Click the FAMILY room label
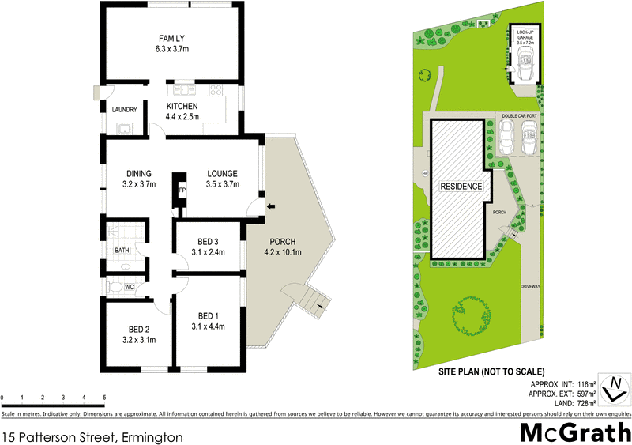171,38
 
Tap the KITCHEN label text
182,107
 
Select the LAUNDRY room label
125,110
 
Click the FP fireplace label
182,190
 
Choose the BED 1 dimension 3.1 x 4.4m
209,326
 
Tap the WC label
129,287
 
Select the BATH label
122,251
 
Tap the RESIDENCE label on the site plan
461,187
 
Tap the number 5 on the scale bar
104,397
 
